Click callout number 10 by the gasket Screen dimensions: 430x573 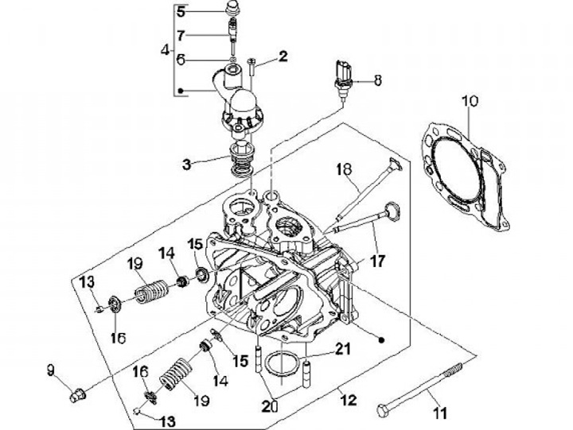[469, 101]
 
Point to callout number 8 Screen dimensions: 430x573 [377, 79]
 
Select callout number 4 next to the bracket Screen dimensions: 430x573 [165, 49]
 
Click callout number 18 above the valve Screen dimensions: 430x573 [343, 169]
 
